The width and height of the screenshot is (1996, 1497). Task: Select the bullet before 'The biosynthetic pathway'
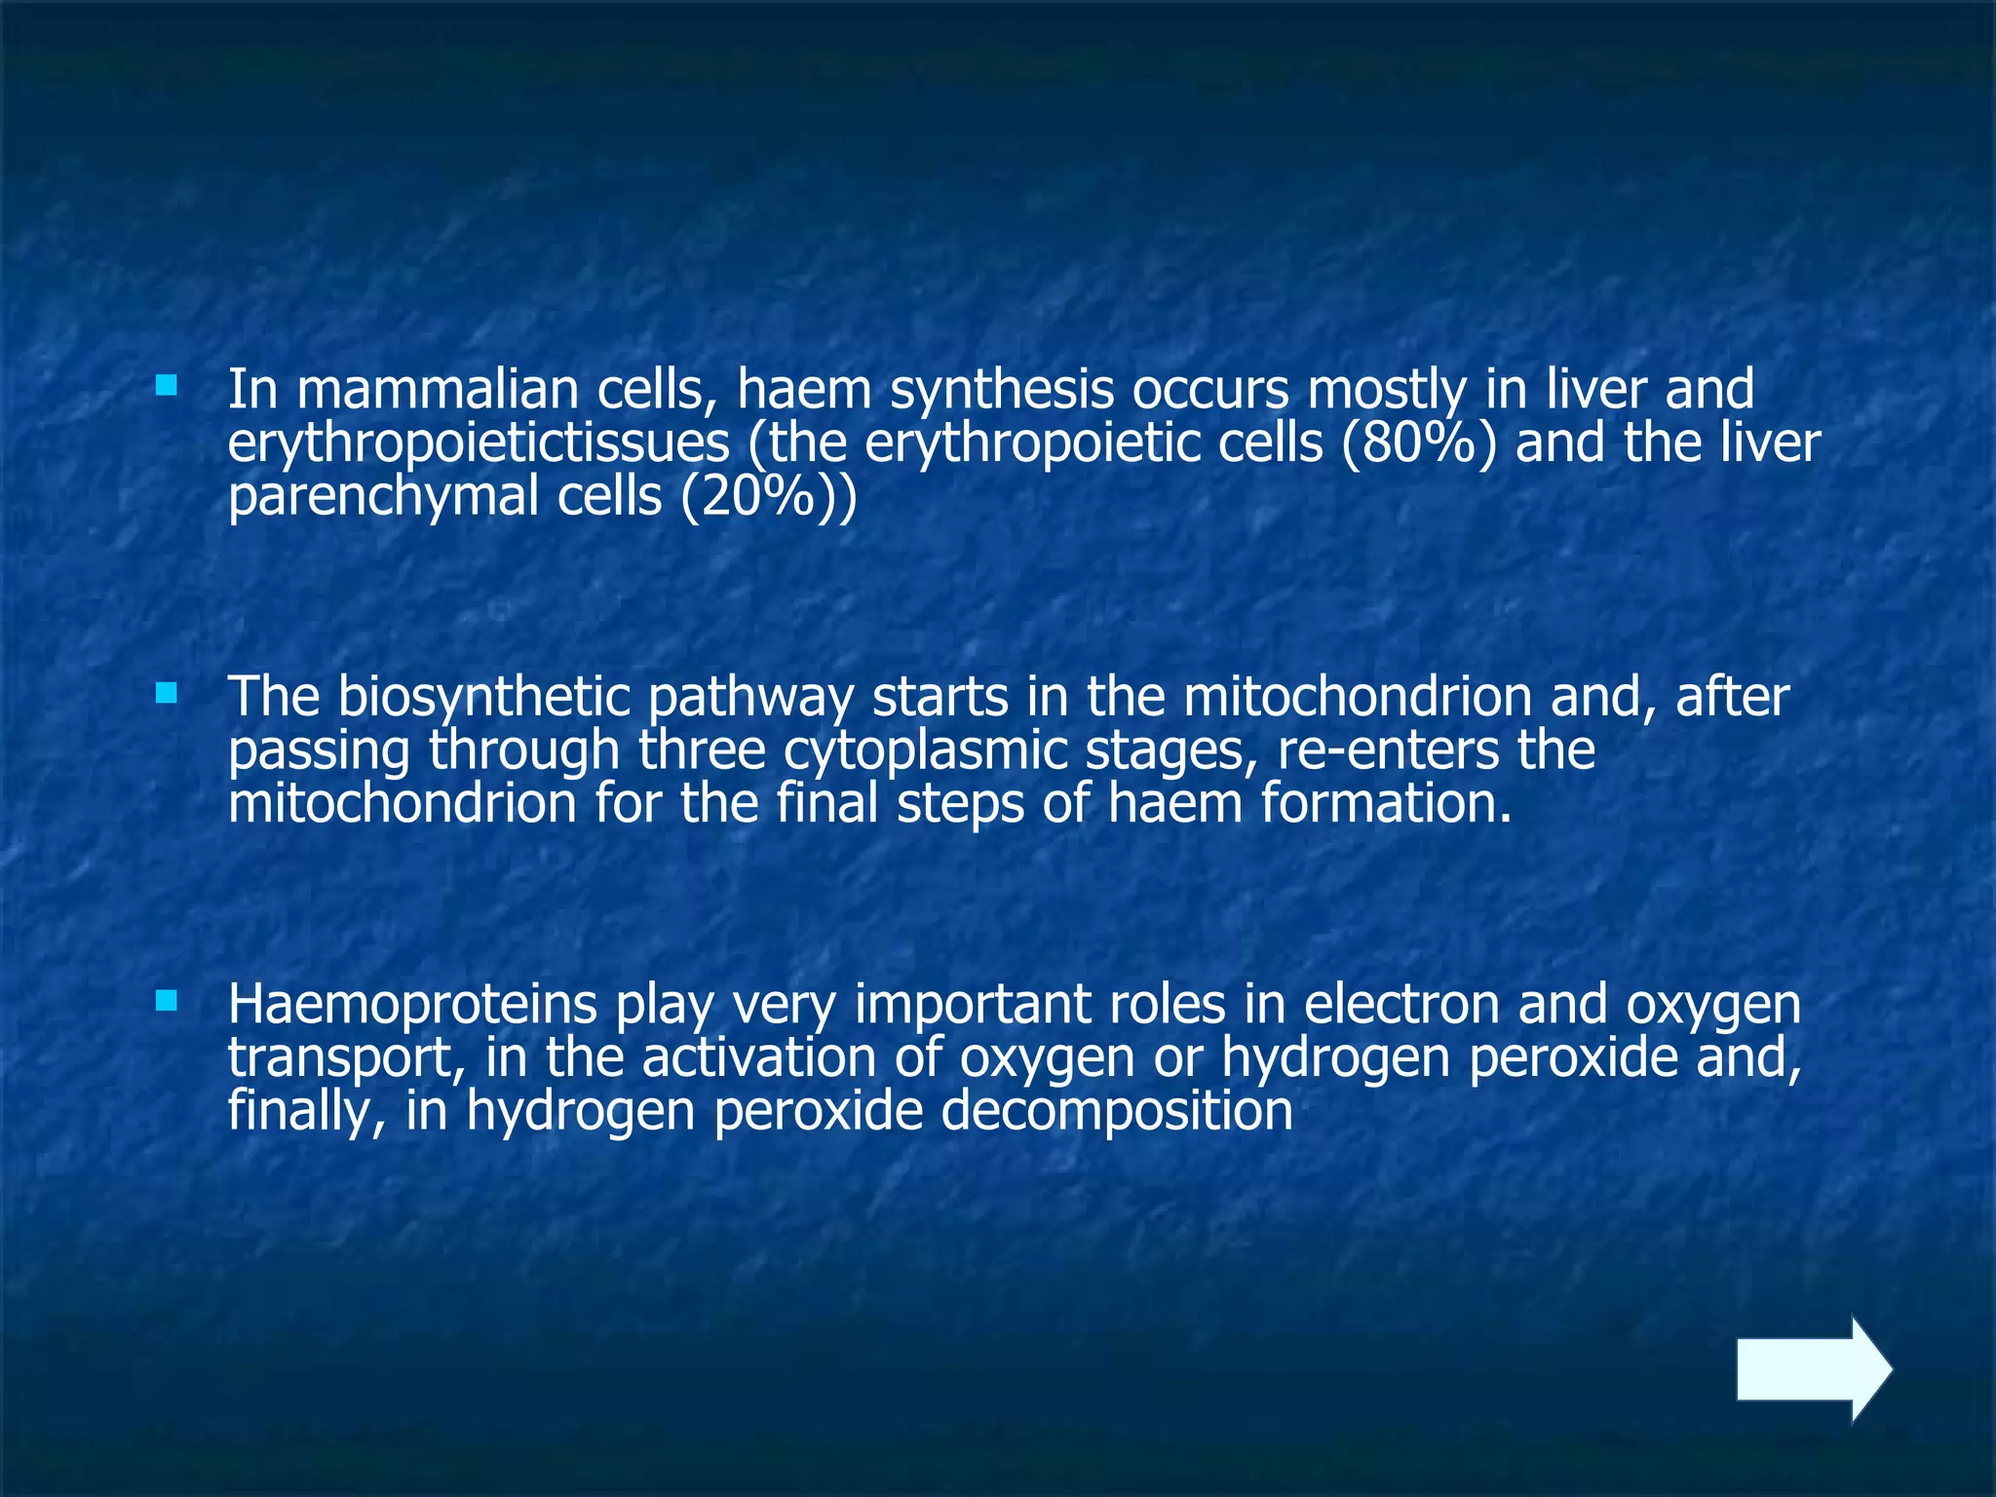coord(167,693)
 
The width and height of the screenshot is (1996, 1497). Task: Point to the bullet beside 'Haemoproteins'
coord(167,1000)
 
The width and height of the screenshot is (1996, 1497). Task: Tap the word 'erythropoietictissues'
coord(479,444)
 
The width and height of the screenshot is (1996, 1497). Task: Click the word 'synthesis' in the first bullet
coord(1003,390)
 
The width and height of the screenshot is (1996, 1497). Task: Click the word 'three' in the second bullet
coord(701,751)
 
